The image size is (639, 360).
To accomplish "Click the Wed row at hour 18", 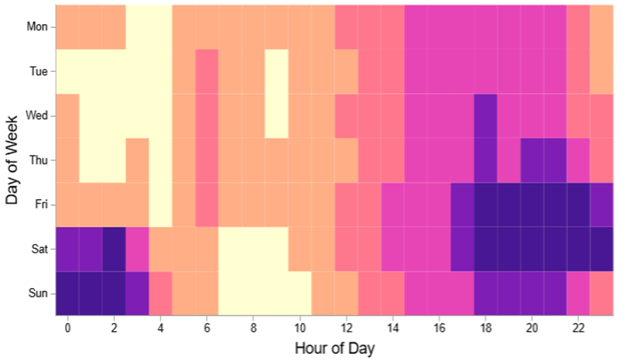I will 486,116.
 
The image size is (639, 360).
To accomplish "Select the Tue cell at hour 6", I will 207,71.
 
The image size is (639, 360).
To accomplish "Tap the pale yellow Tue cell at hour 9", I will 277,71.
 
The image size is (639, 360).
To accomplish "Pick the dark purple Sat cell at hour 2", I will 114,249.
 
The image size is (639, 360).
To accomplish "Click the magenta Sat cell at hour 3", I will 138,249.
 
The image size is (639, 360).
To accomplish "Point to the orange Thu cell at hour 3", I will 138,160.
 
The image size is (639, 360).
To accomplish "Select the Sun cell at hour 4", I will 161,293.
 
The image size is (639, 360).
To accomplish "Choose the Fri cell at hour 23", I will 602,204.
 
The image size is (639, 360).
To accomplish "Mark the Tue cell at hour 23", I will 602,71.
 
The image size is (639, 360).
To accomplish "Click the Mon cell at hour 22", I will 579,27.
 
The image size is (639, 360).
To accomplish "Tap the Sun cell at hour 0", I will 68,293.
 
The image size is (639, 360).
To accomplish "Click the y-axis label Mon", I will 38,27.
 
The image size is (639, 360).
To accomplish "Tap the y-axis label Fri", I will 40,204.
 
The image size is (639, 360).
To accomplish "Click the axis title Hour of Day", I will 334,348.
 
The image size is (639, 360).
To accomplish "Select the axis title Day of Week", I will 12,160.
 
